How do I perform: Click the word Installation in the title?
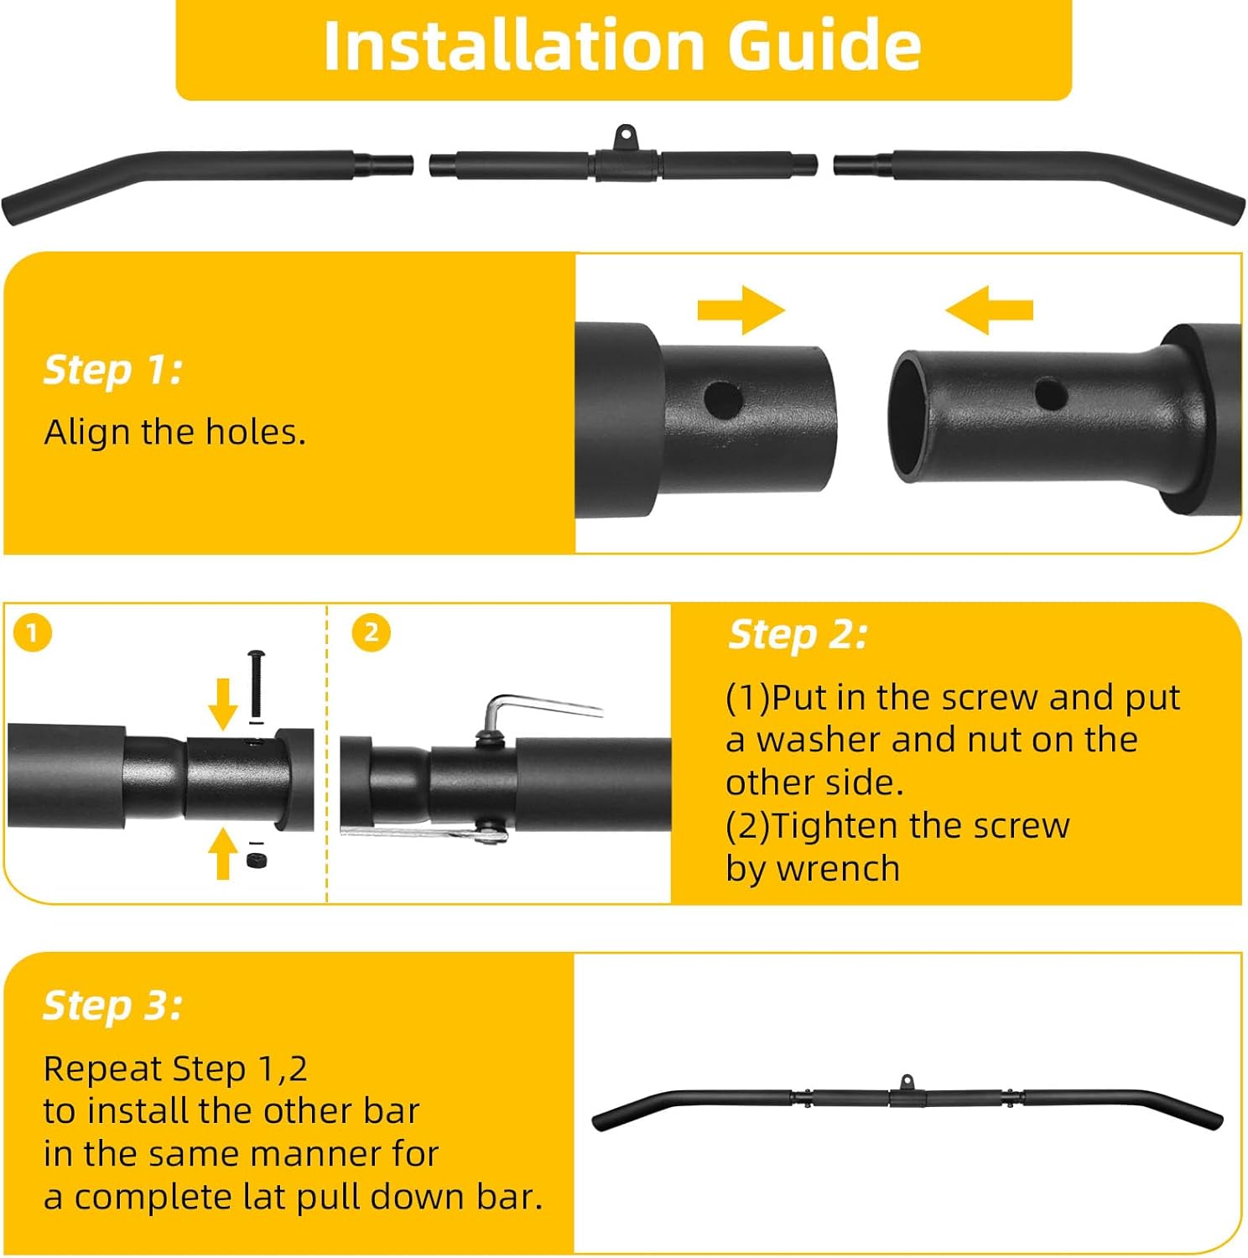(x=513, y=45)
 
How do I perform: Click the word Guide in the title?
(x=824, y=45)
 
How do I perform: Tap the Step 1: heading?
(x=113, y=370)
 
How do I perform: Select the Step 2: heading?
(x=798, y=634)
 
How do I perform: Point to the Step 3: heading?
(x=112, y=1005)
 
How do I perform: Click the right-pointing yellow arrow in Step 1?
(x=741, y=310)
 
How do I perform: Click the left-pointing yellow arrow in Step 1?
(x=989, y=310)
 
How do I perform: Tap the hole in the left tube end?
(x=723, y=398)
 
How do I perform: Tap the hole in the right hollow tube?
(x=1050, y=393)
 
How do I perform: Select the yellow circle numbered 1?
(x=33, y=633)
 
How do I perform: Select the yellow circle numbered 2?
(x=371, y=633)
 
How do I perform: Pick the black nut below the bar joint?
(x=257, y=860)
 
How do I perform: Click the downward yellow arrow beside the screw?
(x=223, y=705)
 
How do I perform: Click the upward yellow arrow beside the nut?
(x=222, y=853)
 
